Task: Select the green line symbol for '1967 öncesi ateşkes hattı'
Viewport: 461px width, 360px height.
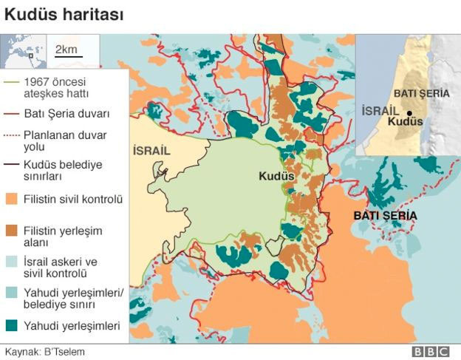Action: coord(13,83)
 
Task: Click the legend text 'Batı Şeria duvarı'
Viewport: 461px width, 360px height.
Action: coord(66,114)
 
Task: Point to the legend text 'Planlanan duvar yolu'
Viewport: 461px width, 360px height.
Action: coord(65,140)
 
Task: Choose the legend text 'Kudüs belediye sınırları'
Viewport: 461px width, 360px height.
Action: coord(63,170)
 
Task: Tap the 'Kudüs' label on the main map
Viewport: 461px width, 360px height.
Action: coord(276,177)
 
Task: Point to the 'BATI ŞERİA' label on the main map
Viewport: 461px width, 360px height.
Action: coord(384,215)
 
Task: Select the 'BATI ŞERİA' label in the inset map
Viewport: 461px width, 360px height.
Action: coord(422,94)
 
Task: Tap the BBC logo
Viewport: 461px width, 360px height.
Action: coord(431,351)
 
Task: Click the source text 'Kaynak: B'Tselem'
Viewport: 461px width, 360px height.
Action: coord(45,351)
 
